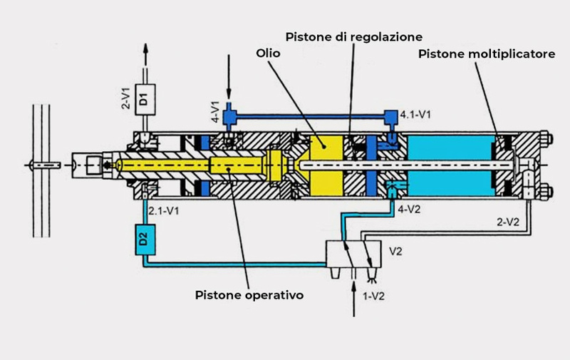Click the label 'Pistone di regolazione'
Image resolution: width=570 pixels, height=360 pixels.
(354, 36)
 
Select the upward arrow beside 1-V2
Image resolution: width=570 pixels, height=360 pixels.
(355, 299)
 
